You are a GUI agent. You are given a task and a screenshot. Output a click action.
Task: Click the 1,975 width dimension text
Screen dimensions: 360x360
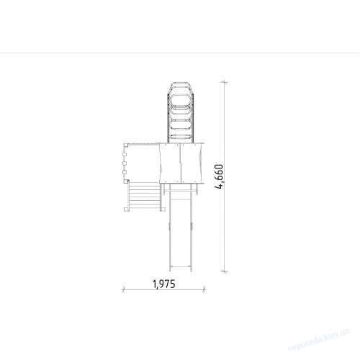[x=164, y=284]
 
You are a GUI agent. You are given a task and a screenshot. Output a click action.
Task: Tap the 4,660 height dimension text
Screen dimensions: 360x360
[x=220, y=176]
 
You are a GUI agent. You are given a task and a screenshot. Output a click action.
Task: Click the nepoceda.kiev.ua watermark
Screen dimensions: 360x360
[x=318, y=341]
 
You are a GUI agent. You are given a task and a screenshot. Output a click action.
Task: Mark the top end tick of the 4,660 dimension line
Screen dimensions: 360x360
[x=224, y=82]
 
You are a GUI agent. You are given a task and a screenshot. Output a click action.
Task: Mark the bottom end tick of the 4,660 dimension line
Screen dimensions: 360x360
[x=224, y=271]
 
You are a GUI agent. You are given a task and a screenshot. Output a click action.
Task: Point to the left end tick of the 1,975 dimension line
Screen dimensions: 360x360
[x=124, y=289]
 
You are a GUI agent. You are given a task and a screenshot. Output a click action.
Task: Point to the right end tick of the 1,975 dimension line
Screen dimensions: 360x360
[x=204, y=289]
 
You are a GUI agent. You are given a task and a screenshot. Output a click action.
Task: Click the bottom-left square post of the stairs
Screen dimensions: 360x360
[x=126, y=209]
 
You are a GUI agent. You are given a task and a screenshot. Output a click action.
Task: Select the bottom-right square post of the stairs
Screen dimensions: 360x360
[x=163, y=209]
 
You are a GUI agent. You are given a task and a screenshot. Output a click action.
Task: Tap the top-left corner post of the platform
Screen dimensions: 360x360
[x=126, y=145]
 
